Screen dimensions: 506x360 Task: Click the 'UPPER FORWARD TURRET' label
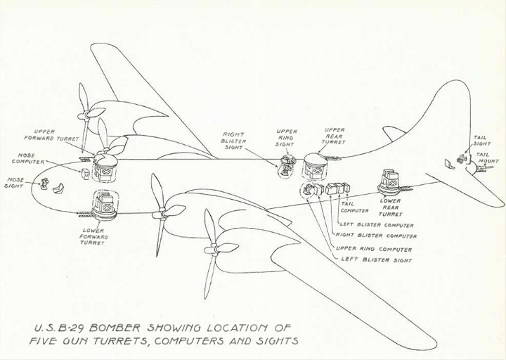(51, 135)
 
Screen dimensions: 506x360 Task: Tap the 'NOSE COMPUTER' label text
(28, 158)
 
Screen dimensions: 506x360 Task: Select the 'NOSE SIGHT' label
(15, 183)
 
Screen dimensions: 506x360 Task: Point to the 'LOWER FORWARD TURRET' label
(94, 237)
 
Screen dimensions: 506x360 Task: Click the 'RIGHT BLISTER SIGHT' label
(233, 141)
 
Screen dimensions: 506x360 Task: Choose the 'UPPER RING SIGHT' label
(286, 138)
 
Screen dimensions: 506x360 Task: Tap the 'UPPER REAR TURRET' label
(334, 136)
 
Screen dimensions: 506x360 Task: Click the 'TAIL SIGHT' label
(482, 141)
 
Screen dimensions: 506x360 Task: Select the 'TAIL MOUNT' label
(486, 158)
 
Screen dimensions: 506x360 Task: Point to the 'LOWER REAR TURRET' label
(390, 207)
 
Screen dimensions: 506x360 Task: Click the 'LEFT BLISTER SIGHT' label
(377, 259)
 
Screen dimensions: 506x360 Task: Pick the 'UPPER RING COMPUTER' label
(374, 249)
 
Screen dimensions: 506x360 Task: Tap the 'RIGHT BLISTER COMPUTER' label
(376, 236)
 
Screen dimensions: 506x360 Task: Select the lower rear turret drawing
(391, 182)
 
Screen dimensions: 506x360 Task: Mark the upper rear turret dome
(316, 160)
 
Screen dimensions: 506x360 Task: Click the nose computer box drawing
(86, 174)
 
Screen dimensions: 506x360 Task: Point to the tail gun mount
(480, 167)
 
